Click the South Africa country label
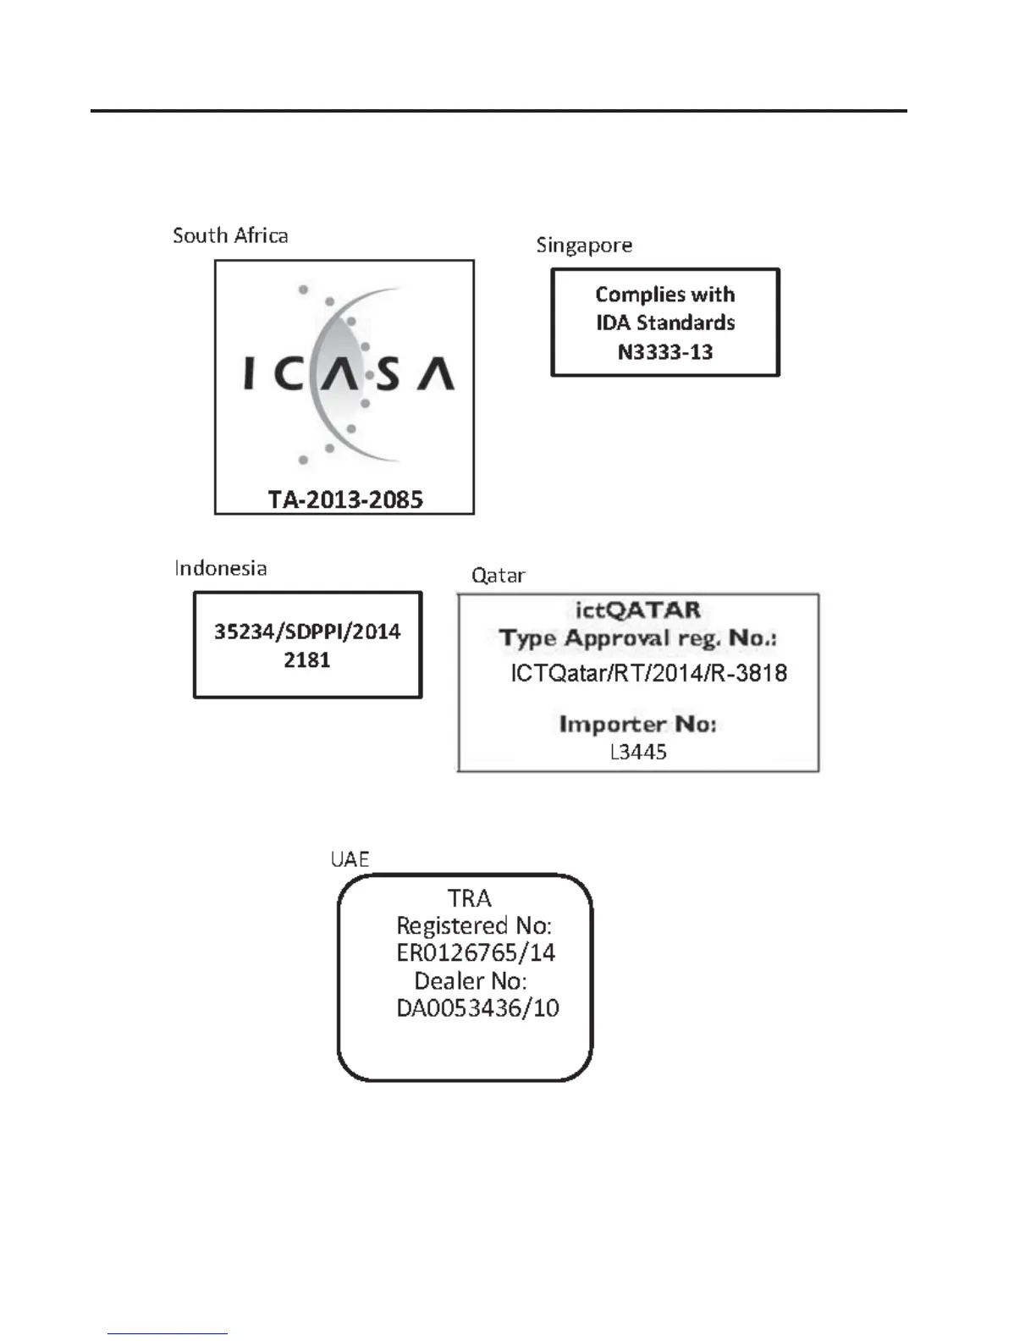230,235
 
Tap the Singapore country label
584,246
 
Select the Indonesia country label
221,568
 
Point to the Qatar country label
498,576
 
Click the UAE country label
350,859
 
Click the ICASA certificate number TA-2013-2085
345,499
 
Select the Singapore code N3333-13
665,352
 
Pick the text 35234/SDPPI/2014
307,632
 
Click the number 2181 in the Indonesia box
307,660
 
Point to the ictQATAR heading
637,610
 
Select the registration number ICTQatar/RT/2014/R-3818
648,674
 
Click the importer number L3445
638,752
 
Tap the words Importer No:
637,725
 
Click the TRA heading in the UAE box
469,897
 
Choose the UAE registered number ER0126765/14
476,953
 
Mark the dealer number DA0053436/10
477,1008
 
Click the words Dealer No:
471,981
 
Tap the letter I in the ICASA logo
249,373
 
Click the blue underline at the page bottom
168,1334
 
